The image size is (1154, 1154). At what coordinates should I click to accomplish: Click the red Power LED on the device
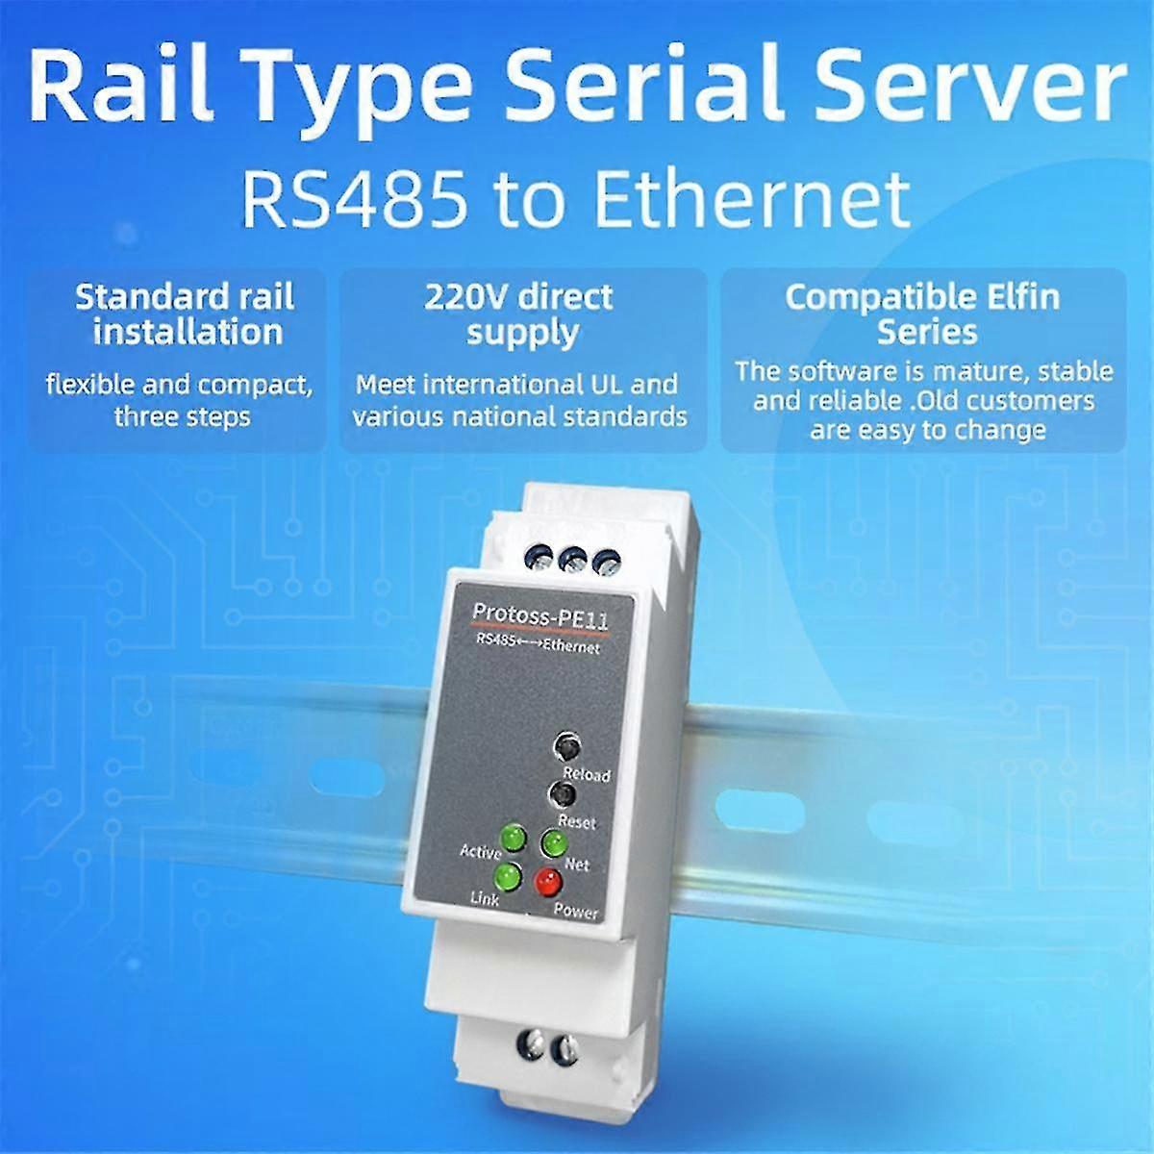pos(548,879)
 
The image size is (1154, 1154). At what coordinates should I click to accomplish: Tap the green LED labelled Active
pos(512,840)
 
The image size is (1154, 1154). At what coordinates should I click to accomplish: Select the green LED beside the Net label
pos(552,843)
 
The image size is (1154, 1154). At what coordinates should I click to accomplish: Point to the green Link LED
pos(504,876)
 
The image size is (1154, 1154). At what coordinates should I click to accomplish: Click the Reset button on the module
pos(561,795)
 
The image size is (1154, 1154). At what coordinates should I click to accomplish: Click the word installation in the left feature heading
pos(188,333)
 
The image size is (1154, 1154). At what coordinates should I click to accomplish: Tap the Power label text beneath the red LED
pos(576,912)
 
